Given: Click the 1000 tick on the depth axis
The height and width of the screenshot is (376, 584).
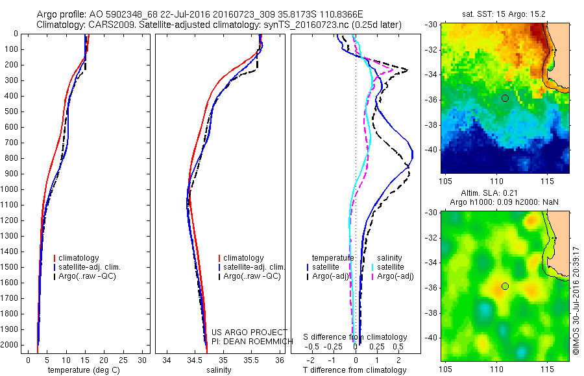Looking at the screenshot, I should [x=11, y=189].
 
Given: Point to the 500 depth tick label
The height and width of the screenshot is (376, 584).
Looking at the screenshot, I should [x=11, y=112].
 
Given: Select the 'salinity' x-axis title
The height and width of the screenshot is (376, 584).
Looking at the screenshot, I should [x=217, y=370].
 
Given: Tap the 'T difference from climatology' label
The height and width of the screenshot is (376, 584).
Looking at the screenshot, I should [x=354, y=370].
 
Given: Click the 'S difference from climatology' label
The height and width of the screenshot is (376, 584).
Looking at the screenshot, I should [x=355, y=337].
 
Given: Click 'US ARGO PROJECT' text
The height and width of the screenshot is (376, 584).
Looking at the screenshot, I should [x=240, y=333].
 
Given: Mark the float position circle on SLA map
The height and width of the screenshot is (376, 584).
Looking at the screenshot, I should [x=505, y=286].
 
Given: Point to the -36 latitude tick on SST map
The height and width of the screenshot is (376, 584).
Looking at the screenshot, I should [x=433, y=100].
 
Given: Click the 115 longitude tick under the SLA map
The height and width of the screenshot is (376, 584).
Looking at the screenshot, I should [x=547, y=369].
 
